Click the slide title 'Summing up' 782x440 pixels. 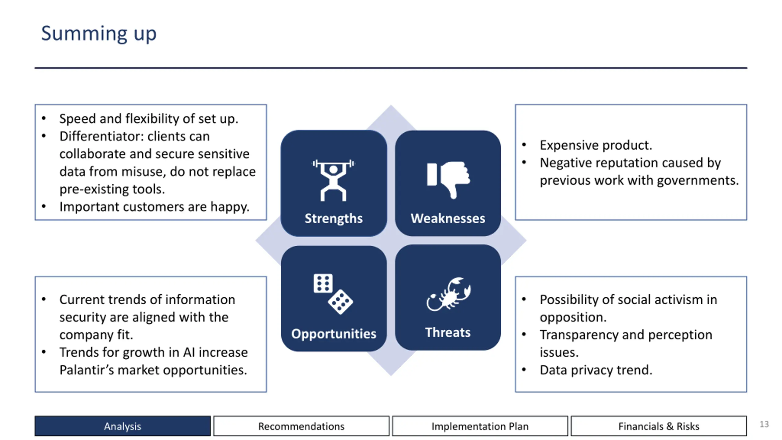click(x=99, y=34)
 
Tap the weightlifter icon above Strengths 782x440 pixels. click(x=333, y=180)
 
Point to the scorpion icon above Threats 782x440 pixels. click(x=448, y=294)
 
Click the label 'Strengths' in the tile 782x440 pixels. click(x=334, y=218)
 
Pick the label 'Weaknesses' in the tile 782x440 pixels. click(x=448, y=218)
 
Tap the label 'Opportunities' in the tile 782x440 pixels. click(x=334, y=334)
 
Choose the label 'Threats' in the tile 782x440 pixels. click(x=448, y=332)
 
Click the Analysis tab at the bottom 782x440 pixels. click(x=122, y=426)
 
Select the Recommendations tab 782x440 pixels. click(x=301, y=426)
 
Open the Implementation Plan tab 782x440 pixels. click(x=480, y=426)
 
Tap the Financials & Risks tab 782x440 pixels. click(x=659, y=426)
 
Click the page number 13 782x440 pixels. click(x=764, y=424)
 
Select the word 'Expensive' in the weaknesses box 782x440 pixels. click(x=568, y=145)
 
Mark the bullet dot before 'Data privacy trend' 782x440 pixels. click(x=524, y=370)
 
